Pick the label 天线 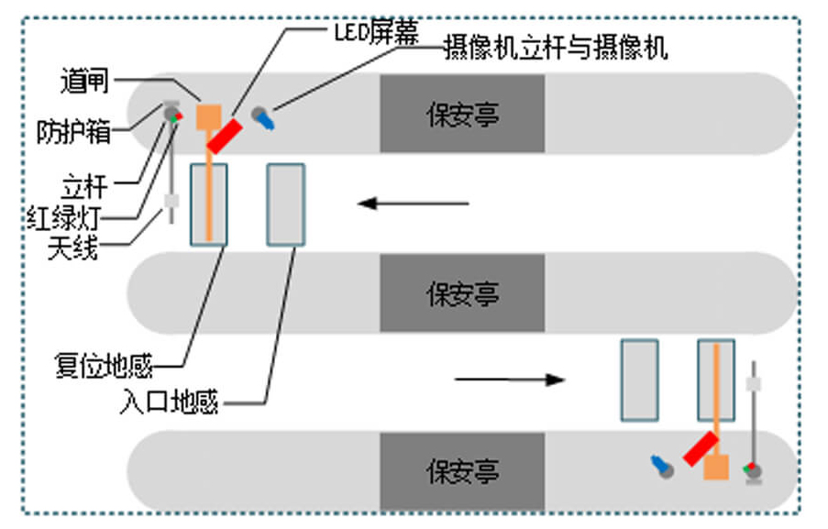point(72,248)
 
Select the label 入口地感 point(169,402)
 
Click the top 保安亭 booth point(462,114)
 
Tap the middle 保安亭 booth point(462,293)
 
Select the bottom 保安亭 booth point(462,471)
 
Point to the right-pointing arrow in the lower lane point(510,379)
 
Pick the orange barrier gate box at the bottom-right point(716,468)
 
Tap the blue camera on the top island point(266,118)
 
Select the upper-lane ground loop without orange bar point(285,204)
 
